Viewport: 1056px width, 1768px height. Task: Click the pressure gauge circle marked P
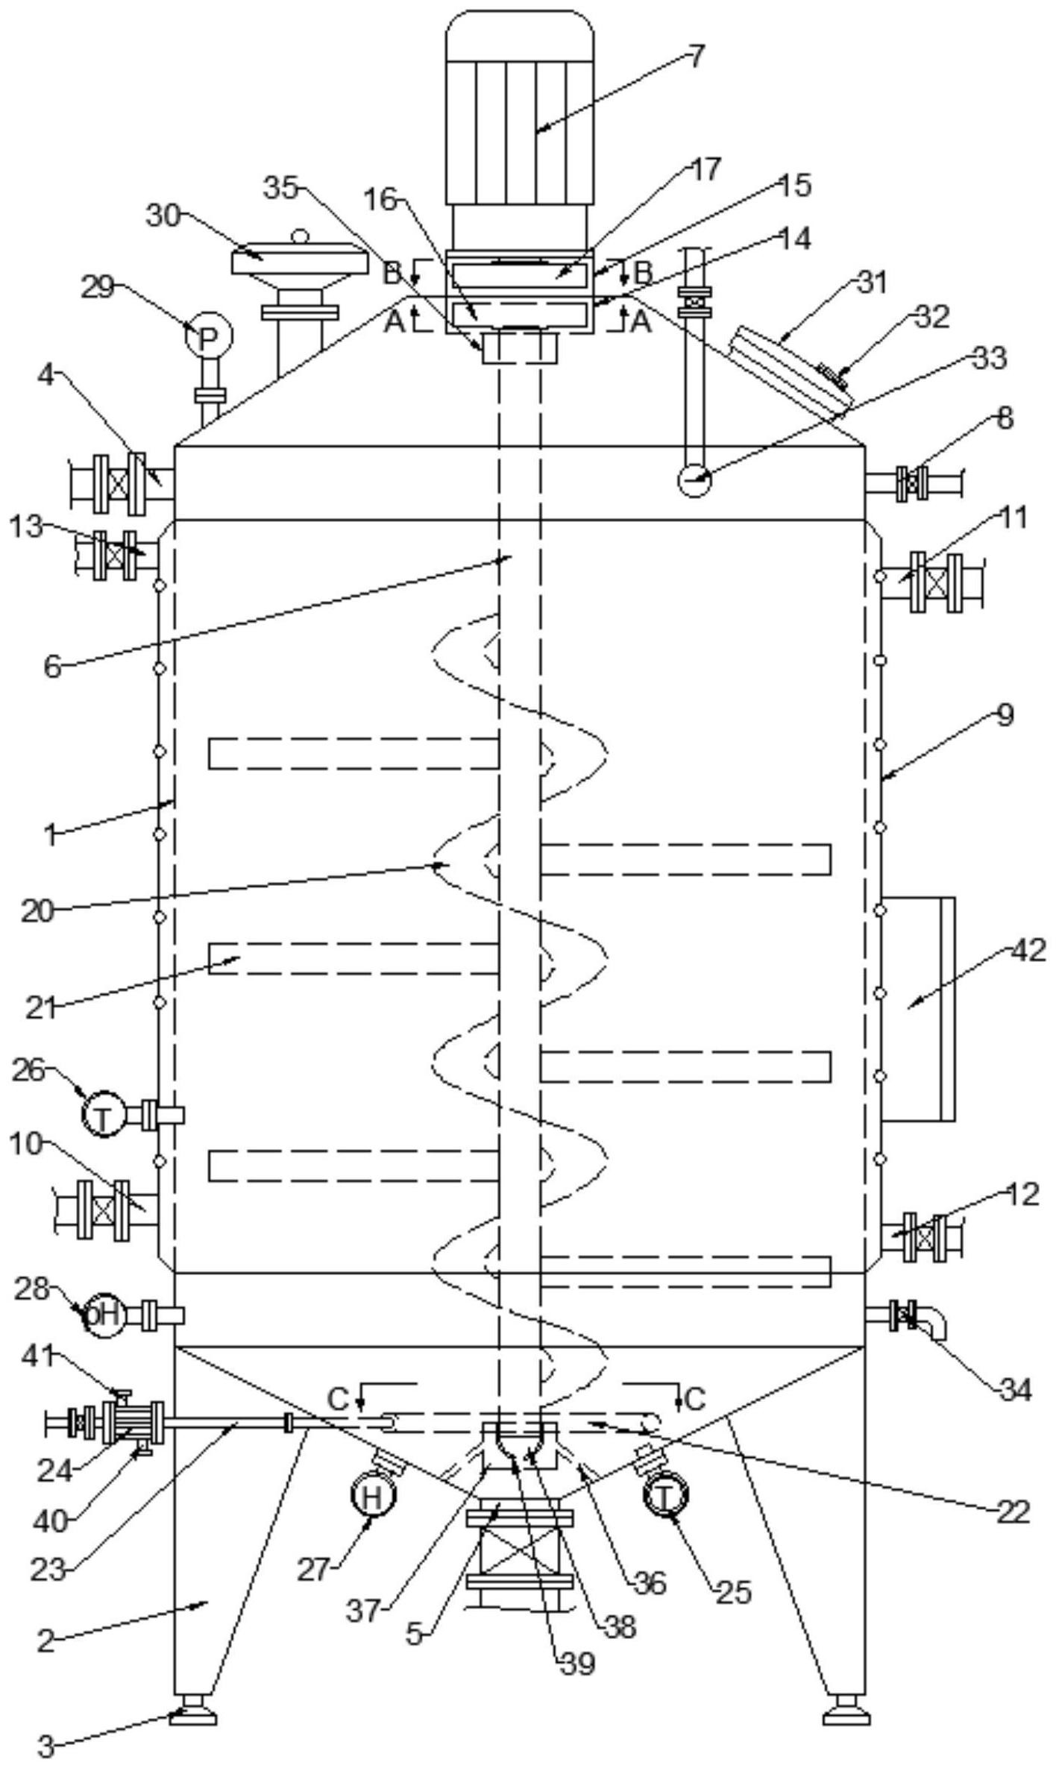click(x=208, y=337)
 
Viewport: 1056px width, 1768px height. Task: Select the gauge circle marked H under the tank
click(x=373, y=1496)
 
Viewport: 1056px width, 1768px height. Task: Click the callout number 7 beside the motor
click(x=695, y=57)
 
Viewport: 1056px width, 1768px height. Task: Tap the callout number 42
click(x=1028, y=951)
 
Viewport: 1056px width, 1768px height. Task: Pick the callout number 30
click(x=163, y=216)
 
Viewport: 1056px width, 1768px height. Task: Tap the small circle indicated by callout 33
click(x=694, y=479)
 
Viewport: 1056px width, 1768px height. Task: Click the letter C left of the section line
click(x=338, y=1399)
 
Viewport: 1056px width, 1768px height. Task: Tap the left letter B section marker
click(x=392, y=273)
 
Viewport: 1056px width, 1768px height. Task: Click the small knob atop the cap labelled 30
click(x=300, y=236)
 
